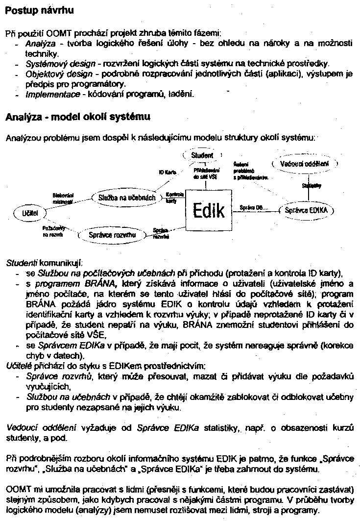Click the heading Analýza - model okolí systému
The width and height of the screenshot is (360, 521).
pos(77,118)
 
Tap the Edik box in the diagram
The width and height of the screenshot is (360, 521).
pos(208,210)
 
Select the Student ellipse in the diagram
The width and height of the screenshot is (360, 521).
pos(202,155)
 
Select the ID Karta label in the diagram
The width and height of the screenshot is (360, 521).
pos(167,173)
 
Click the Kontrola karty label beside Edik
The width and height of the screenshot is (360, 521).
pos(174,198)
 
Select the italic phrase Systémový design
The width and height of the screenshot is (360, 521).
pos(53,64)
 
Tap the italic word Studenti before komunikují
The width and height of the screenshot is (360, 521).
pos(21,263)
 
